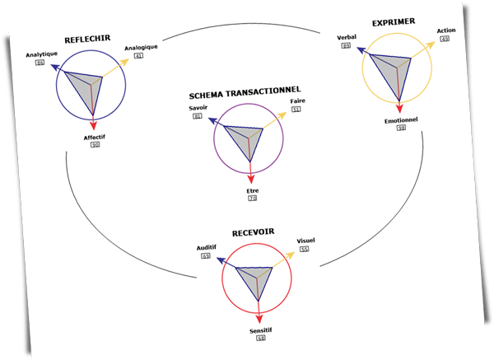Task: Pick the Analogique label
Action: click(x=141, y=47)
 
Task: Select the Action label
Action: click(x=445, y=30)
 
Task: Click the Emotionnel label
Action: click(x=401, y=120)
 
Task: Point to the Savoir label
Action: click(x=198, y=108)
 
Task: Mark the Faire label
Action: click(x=296, y=101)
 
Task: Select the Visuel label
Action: click(x=305, y=241)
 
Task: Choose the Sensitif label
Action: click(x=262, y=330)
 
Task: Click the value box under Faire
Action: click(x=296, y=109)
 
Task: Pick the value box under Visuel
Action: click(x=304, y=248)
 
